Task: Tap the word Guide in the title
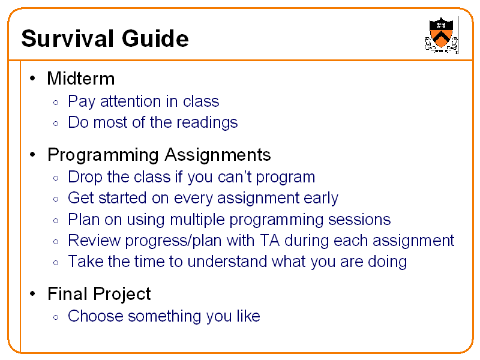(x=155, y=39)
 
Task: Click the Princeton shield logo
(x=442, y=35)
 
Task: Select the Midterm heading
(x=80, y=78)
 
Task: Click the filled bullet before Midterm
(x=34, y=79)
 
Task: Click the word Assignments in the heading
(x=218, y=155)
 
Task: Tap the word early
(x=320, y=198)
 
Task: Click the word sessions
(x=359, y=220)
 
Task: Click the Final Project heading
(x=99, y=294)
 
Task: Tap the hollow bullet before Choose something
(x=55, y=317)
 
